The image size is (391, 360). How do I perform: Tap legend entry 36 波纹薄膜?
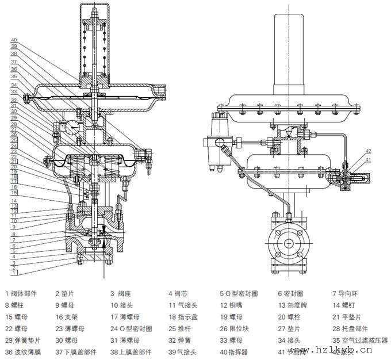[24, 352]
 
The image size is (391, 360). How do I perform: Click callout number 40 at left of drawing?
[14, 39]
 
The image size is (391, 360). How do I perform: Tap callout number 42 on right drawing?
[367, 151]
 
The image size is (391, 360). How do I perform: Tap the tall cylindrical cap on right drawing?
[286, 52]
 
